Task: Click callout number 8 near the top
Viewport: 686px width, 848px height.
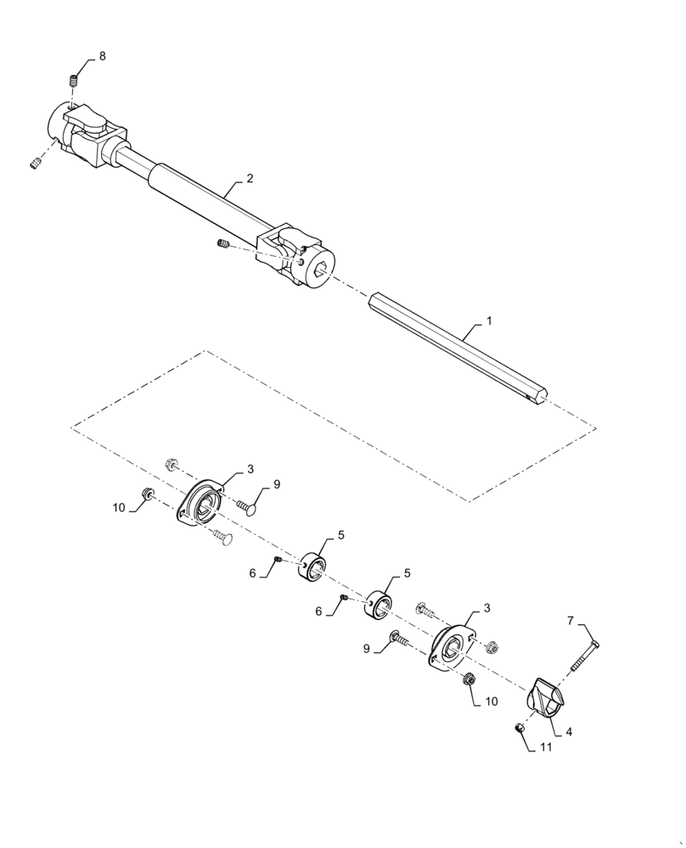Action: [103, 56]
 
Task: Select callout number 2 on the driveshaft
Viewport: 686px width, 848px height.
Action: [250, 179]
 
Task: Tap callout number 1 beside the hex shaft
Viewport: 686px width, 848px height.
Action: [489, 323]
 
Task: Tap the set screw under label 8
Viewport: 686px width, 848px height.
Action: [74, 81]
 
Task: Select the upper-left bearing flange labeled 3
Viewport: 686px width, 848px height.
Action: [201, 507]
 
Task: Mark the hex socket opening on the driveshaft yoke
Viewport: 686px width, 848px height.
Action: [320, 271]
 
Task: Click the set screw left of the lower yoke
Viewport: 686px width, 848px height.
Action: [222, 245]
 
